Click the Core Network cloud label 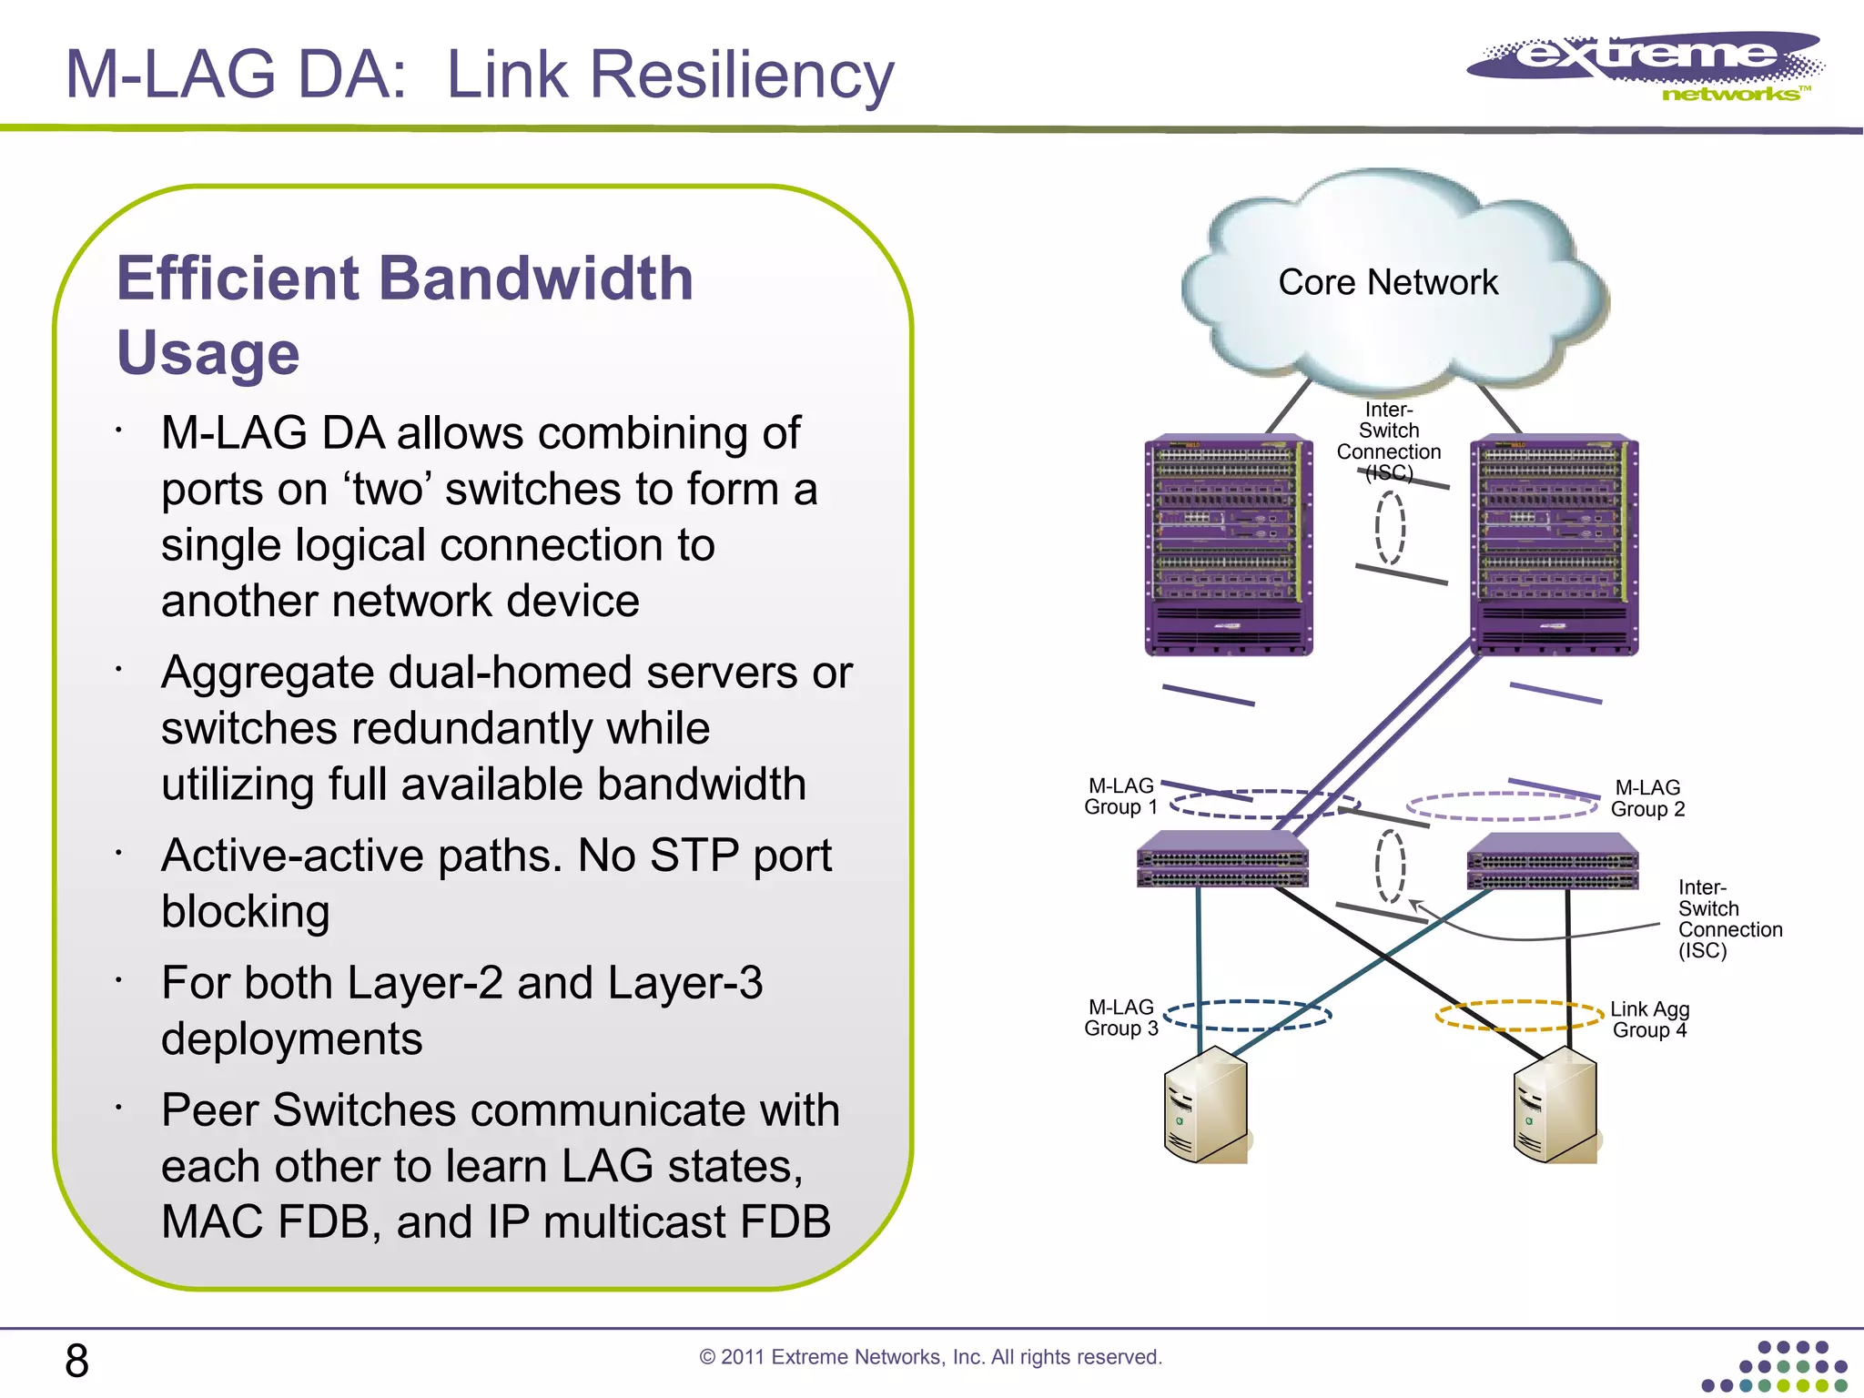pos(1387,282)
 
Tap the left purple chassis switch pos(1228,545)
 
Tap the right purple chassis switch pos(1554,545)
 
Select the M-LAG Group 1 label pos(1120,796)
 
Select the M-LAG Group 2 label pos(1647,798)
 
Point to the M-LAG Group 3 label pos(1120,1018)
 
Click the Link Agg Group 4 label pos(1649,1019)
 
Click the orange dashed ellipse pos(1518,1016)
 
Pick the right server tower pos(1555,1105)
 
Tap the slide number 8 pos(76,1361)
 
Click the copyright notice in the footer pos(930,1357)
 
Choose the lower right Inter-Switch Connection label pos(1728,918)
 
